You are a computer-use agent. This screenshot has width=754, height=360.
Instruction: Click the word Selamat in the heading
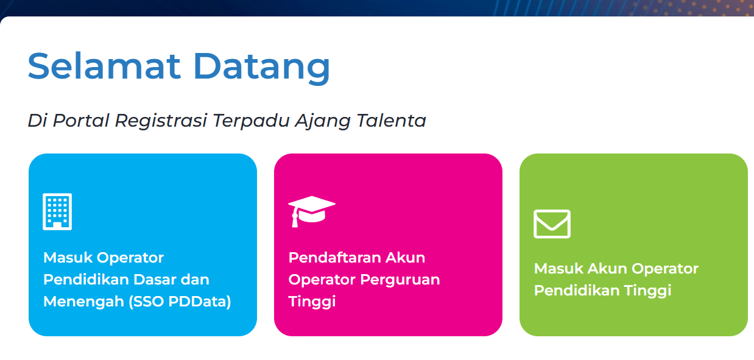point(104,66)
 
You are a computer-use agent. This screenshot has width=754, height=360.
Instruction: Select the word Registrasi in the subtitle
point(161,121)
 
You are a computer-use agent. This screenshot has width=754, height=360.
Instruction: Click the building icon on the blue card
point(57,211)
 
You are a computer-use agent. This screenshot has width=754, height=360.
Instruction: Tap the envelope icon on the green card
point(552,224)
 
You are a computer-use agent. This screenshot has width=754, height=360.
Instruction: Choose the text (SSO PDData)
point(180,302)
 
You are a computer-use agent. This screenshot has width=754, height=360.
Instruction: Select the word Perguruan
point(400,280)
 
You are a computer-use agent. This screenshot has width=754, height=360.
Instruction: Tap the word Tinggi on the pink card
point(312,302)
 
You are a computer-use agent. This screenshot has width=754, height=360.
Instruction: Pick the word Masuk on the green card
point(557,269)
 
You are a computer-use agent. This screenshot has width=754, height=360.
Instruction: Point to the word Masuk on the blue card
point(66,258)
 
